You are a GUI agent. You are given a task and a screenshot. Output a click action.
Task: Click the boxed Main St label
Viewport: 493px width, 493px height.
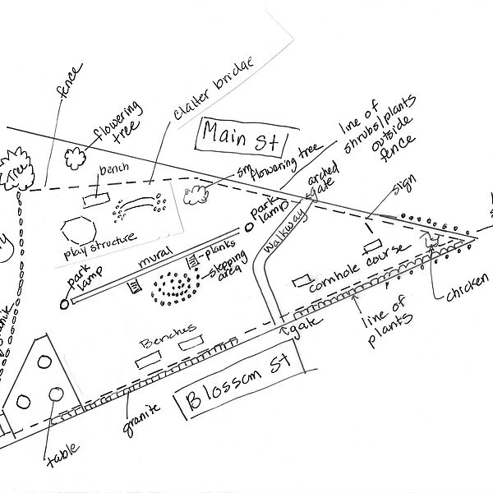tap(240, 135)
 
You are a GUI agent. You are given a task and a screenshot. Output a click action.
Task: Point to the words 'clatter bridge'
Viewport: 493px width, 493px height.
tap(211, 95)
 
